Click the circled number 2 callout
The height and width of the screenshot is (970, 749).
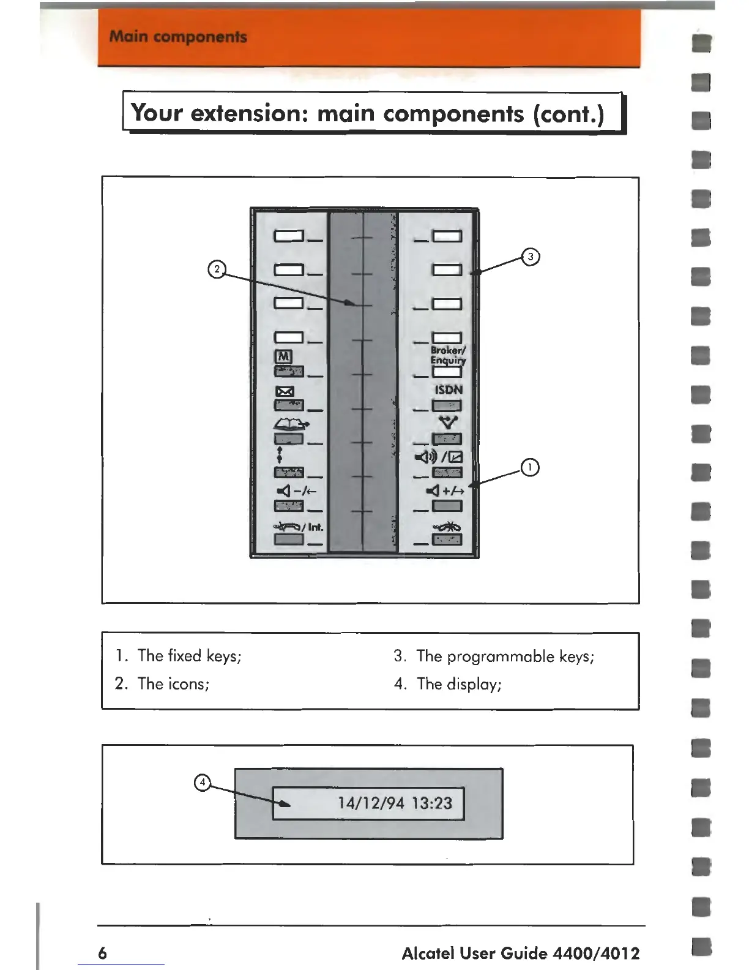pos(217,269)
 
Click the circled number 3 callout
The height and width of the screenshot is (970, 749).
pos(531,257)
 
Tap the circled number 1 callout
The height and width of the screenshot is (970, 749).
pos(530,467)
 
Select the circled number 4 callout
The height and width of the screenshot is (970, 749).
pos(202,782)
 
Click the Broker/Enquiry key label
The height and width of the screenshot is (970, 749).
pos(448,355)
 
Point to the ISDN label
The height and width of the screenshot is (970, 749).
pos(449,389)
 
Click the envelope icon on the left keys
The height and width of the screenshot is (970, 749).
pos(286,391)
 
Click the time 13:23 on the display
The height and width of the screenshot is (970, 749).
pos(432,803)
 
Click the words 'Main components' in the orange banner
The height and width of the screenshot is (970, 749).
pos(178,37)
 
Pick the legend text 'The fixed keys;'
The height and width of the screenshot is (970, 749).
pos(189,656)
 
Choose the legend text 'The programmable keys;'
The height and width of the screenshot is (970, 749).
pos(505,656)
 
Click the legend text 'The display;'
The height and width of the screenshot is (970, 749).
pos(459,684)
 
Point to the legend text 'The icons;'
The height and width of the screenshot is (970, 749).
pos(173,684)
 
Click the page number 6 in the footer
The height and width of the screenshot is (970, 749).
pos(102,953)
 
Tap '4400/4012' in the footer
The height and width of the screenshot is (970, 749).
pos(596,953)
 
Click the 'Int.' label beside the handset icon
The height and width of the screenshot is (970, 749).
pos(315,527)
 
